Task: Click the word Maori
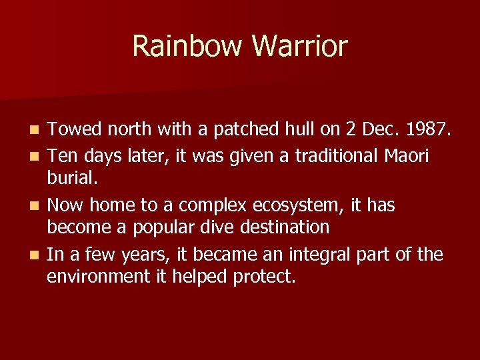coord(406,156)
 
